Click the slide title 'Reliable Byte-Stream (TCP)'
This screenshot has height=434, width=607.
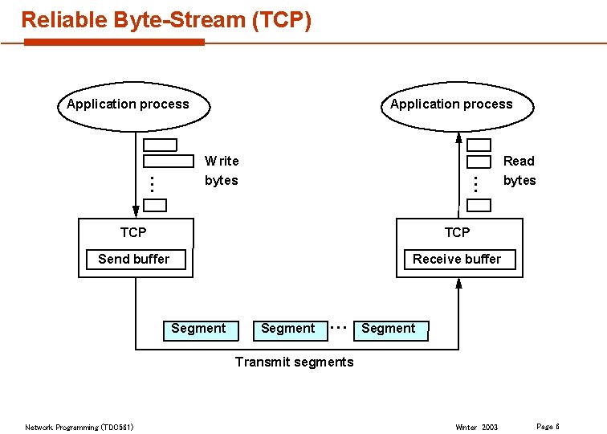click(165, 20)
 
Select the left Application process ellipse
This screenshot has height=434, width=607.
click(133, 105)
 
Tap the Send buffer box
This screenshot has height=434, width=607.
click(134, 259)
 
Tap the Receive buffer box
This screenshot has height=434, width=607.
click(456, 259)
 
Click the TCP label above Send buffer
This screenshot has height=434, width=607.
click(133, 232)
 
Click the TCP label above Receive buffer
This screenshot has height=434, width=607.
click(457, 232)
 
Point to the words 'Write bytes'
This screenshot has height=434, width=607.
click(222, 170)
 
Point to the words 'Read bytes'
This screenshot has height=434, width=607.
click(519, 170)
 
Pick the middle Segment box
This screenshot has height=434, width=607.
click(288, 329)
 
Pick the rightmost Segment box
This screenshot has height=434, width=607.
click(389, 329)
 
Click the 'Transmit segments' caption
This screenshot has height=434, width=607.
click(294, 362)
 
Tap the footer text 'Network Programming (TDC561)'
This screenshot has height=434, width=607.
click(79, 427)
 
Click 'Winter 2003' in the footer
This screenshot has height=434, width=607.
click(476, 427)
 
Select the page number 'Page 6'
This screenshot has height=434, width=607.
click(548, 426)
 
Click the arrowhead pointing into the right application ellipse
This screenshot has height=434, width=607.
click(458, 137)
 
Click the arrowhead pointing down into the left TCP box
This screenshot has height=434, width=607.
click(136, 211)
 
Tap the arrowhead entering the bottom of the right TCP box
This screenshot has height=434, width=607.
click(458, 284)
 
